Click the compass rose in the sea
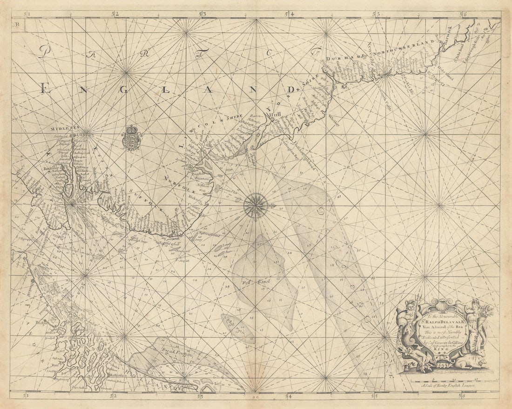point(255,205)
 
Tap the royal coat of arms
point(132,138)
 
